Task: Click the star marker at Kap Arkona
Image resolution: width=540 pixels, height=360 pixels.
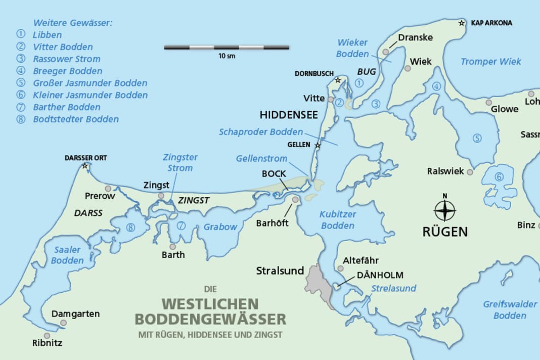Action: click(462, 23)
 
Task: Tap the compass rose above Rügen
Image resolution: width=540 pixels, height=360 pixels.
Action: click(445, 210)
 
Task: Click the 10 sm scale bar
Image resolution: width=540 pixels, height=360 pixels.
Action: click(227, 48)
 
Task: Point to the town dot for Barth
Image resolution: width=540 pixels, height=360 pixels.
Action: click(173, 247)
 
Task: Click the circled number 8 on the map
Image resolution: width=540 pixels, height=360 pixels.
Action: click(130, 227)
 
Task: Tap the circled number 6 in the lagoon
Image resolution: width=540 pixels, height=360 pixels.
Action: click(499, 176)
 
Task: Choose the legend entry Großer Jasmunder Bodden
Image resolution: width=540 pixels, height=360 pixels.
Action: click(90, 83)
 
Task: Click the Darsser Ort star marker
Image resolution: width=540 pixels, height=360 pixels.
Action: click(85, 166)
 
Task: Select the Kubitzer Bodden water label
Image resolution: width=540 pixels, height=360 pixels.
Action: click(338, 220)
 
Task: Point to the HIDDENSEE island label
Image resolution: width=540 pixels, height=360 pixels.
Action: click(289, 115)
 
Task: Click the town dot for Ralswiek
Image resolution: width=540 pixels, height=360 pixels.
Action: click(470, 172)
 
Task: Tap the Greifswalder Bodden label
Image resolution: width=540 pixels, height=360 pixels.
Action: click(510, 310)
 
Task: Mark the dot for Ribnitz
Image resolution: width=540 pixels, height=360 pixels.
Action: click(47, 335)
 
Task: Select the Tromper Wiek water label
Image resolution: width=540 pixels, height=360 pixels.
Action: click(490, 62)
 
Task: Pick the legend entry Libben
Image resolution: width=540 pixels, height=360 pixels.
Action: click(47, 35)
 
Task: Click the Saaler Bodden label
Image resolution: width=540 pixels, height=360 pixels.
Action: click(67, 255)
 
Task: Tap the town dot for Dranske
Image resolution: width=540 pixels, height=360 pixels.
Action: click(386, 52)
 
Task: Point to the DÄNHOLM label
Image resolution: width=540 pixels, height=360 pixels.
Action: click(380, 275)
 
